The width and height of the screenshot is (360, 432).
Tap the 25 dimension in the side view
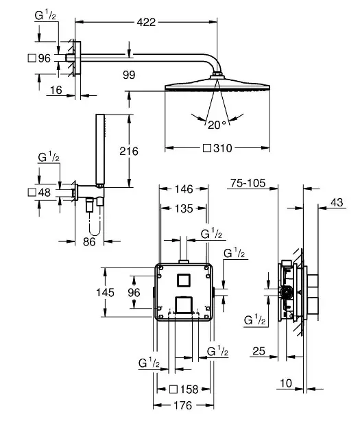point(258,351)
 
